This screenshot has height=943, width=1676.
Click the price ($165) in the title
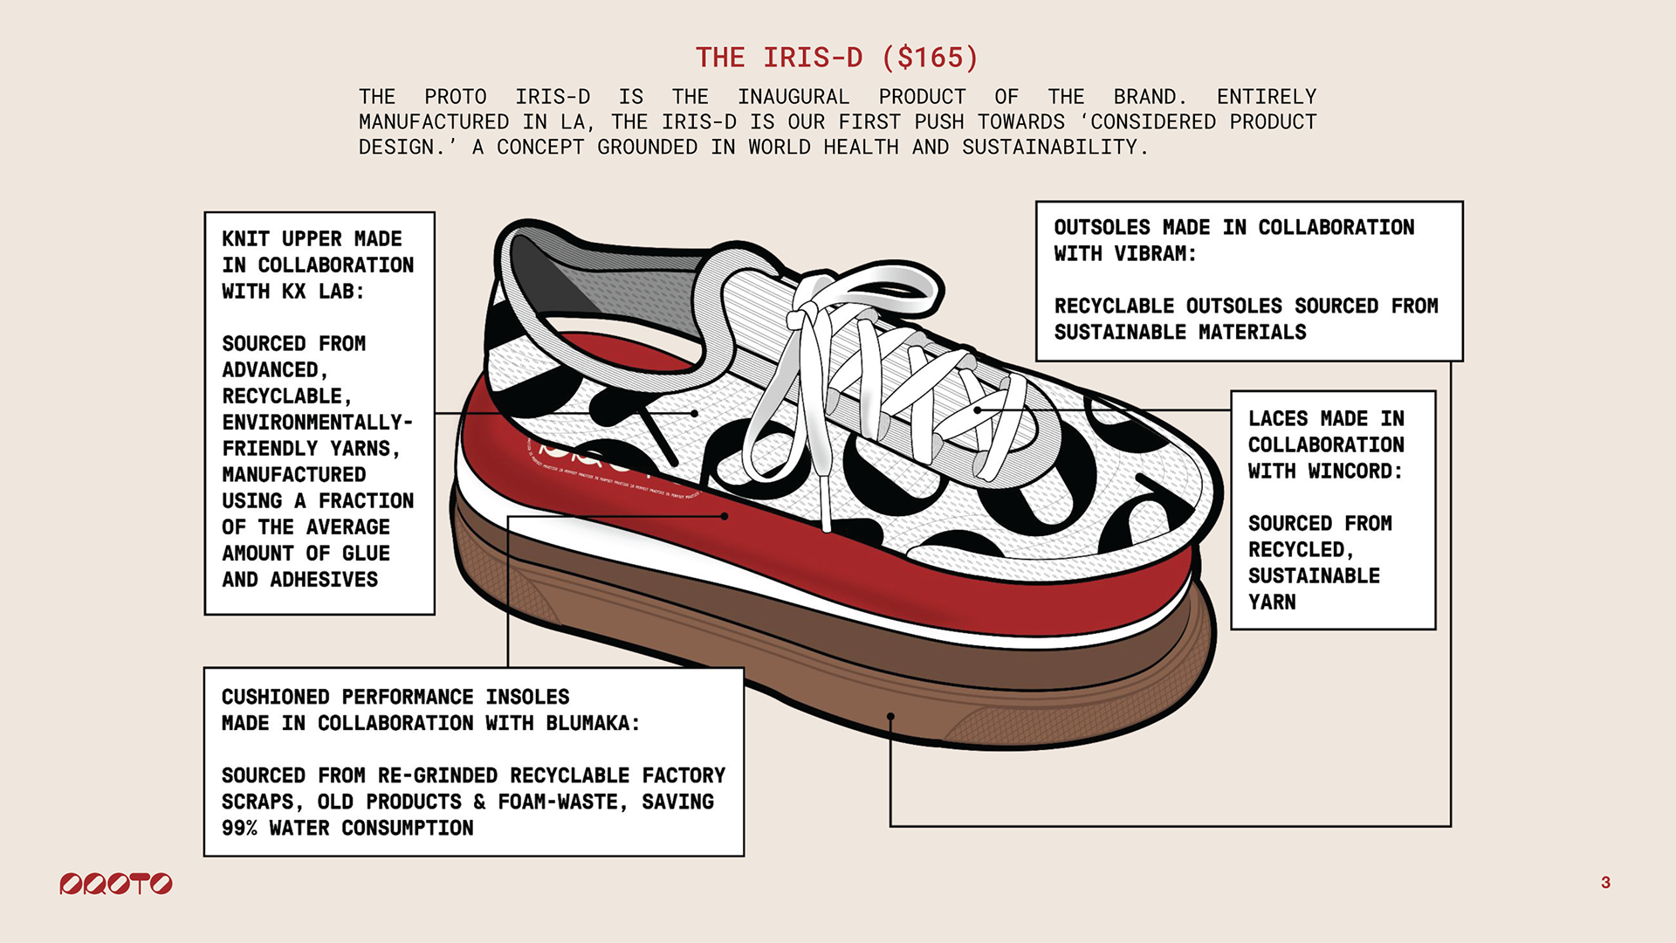[x=930, y=58]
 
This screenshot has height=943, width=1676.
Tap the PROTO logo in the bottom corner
[x=116, y=884]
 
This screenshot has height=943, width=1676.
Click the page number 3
[x=1605, y=883]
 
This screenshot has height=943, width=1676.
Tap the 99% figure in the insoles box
[x=239, y=829]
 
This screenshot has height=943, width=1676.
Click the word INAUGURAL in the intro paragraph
[x=793, y=97]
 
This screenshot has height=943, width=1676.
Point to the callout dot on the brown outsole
[x=890, y=717]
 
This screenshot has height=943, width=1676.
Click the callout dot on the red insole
[x=725, y=516]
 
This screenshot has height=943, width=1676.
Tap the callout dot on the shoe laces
[x=978, y=410]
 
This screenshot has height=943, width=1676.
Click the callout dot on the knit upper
[x=694, y=413]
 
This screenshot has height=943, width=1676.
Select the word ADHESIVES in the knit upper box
[x=324, y=580]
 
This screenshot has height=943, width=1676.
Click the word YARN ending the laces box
[x=1272, y=602]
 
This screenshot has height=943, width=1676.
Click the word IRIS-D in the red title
[x=813, y=58]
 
